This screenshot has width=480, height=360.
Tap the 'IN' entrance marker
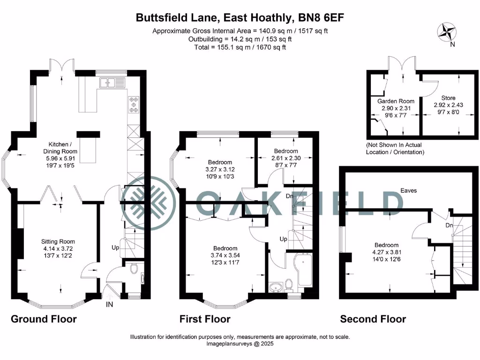(109, 304)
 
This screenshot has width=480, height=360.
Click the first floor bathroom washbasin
(275, 286)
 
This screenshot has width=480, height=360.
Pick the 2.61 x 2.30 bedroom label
(286, 158)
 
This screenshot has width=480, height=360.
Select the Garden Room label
(396, 101)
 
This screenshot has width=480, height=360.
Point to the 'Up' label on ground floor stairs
(114, 247)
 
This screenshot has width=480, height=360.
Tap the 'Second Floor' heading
(373, 319)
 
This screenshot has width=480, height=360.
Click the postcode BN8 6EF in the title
(321, 18)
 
